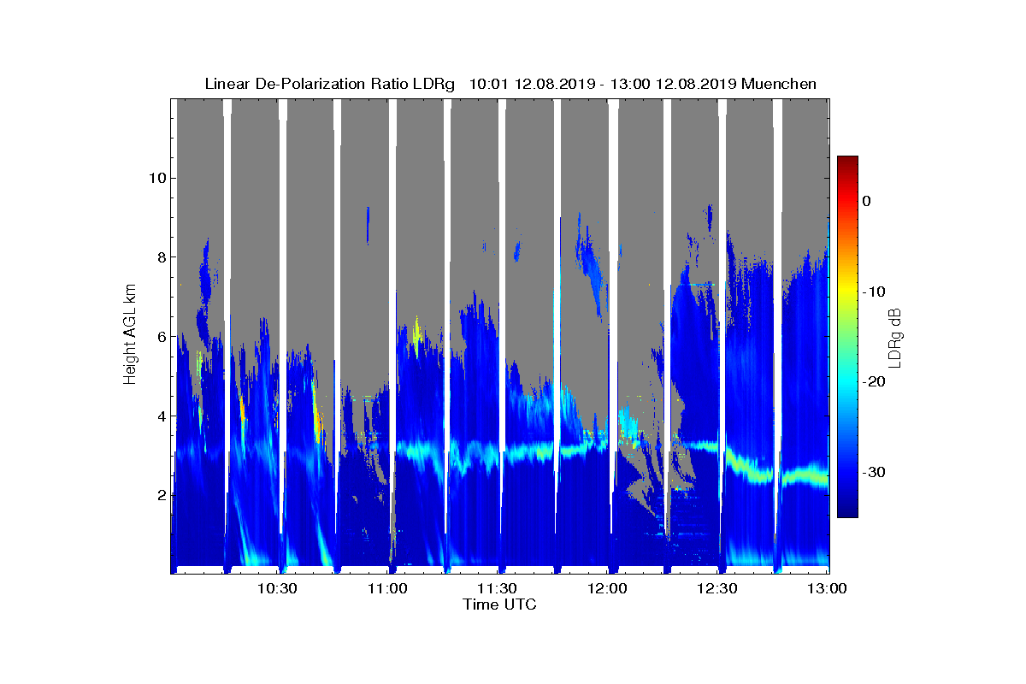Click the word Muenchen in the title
779,84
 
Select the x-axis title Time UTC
500,604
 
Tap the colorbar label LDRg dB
895,337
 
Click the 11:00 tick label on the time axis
387,588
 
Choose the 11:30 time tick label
498,588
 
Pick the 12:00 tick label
608,588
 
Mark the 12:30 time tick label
718,588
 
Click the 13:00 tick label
828,588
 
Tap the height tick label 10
156,178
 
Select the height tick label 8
160,257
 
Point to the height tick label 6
160,337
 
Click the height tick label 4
160,416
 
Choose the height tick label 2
160,495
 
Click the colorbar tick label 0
866,201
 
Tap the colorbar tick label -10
873,292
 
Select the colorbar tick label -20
873,382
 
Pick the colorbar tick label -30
873,473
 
